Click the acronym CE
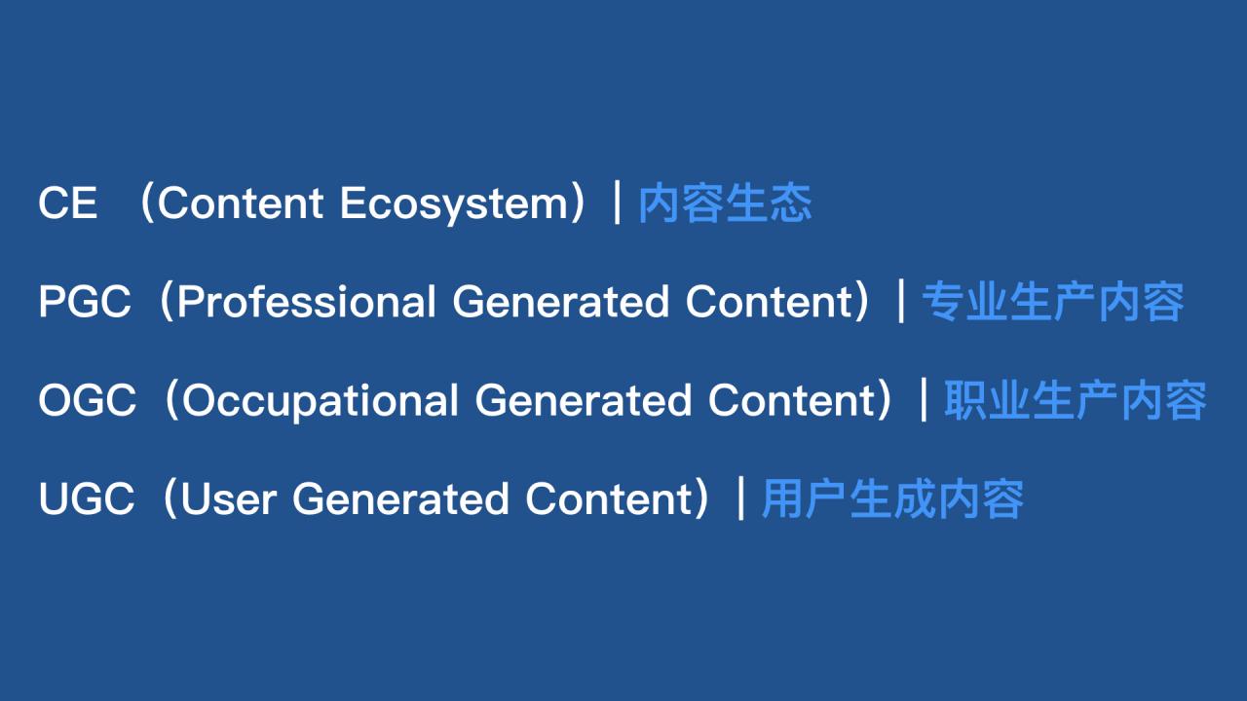click(67, 203)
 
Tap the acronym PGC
click(85, 302)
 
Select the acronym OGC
click(87, 400)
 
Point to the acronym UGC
click(87, 498)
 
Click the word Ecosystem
click(454, 204)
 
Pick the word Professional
click(306, 302)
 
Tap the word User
click(229, 499)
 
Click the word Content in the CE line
click(241, 203)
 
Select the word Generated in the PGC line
click(560, 302)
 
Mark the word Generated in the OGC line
click(583, 400)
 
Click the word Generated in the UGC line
click(400, 498)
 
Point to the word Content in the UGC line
click(609, 498)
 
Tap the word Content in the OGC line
click(792, 400)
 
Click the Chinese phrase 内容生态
click(725, 203)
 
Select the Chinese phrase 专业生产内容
click(1053, 302)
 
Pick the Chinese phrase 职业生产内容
click(1075, 400)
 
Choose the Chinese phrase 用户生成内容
click(892, 499)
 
